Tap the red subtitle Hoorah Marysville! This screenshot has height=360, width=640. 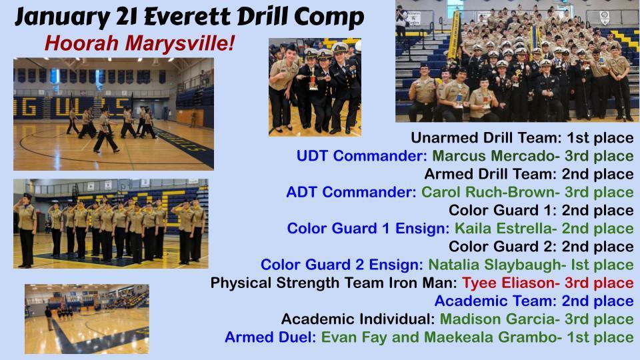coord(139,43)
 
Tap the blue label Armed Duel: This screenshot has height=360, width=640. coord(270,337)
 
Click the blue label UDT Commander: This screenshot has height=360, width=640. coord(361,155)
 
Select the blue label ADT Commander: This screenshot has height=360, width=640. coord(351,192)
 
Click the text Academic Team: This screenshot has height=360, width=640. coord(495,301)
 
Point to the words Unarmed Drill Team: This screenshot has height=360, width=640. coord(487,137)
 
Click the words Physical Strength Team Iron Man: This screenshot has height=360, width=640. coord(333,283)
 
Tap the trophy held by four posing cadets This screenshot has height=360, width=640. coord(313,79)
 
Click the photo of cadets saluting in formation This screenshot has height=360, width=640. coord(111,224)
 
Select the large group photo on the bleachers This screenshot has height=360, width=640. coord(514,61)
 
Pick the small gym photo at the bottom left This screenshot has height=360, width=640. coord(87,319)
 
